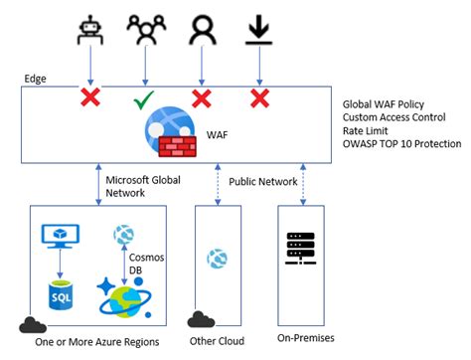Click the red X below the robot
point(90,99)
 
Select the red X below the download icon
point(259,99)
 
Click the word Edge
point(35,78)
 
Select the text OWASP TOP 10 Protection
point(402,143)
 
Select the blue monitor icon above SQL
point(60,237)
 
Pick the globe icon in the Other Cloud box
point(216,258)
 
